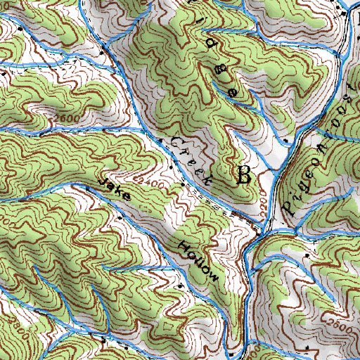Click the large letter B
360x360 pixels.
244,175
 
